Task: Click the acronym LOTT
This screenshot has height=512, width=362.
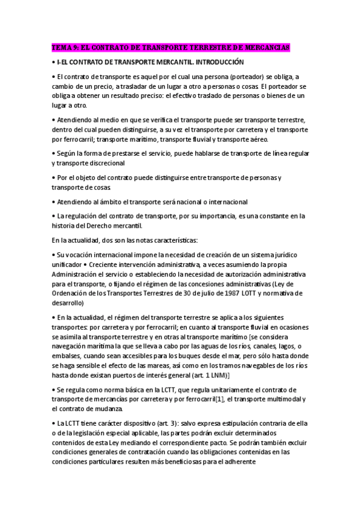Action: (248, 293)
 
